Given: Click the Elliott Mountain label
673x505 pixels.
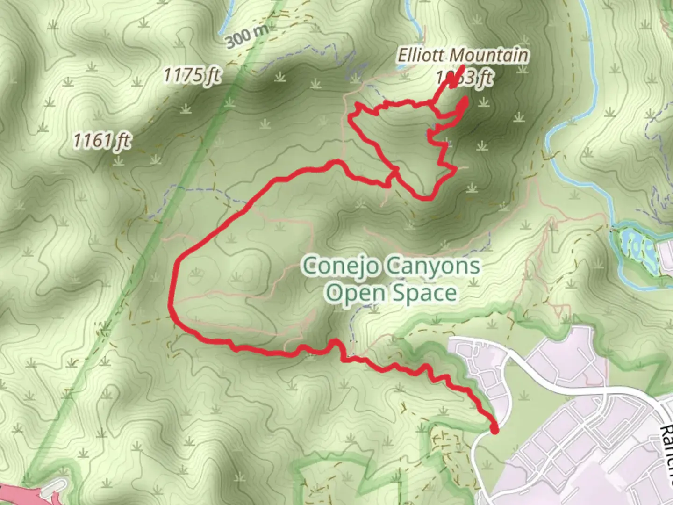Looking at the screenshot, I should [x=463, y=56].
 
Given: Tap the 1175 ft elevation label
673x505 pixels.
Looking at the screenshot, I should [x=192, y=75].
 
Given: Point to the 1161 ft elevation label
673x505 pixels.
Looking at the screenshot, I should [x=102, y=140].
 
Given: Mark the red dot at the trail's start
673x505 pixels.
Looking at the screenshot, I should [x=494, y=429].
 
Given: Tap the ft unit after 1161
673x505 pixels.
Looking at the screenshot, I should [x=123, y=141].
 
